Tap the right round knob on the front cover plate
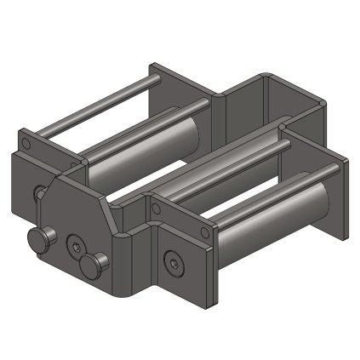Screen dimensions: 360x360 94,265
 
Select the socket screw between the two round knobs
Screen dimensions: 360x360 76,248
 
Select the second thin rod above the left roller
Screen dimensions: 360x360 145,129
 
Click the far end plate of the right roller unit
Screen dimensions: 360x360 339,196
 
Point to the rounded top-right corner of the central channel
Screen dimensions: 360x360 321,104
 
